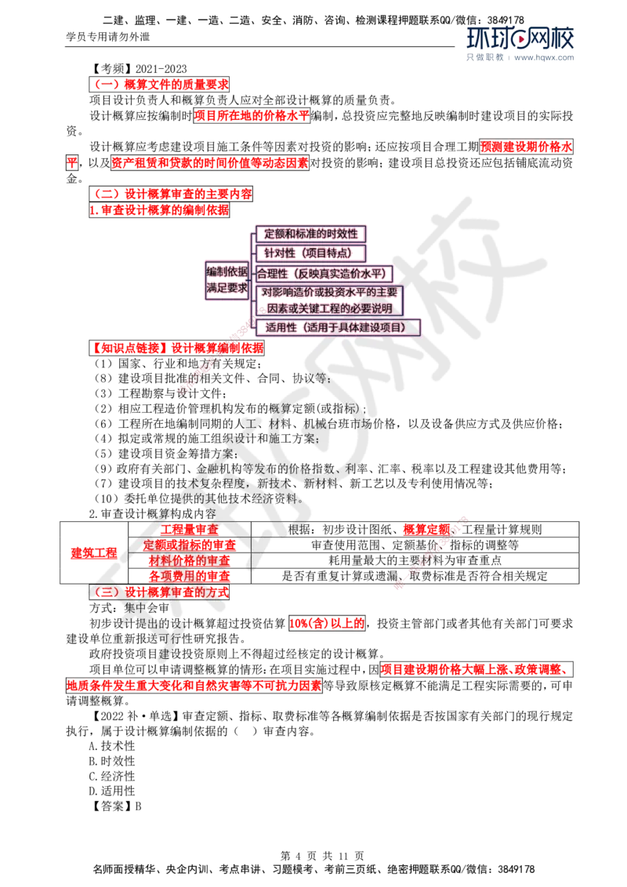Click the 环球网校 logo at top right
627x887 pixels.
[520, 38]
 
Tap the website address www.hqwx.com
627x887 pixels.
[544, 57]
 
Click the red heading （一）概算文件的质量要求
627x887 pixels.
[159, 85]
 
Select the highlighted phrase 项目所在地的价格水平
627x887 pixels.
[252, 116]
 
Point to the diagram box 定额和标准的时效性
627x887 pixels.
[310, 234]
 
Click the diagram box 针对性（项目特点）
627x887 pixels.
[310, 253]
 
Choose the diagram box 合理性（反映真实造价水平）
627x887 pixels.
[323, 273]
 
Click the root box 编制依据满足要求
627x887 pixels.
[227, 280]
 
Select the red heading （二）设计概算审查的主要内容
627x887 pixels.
[171, 194]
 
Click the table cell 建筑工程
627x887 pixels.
[94, 552]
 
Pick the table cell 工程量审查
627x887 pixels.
[190, 530]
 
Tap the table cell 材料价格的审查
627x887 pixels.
[190, 560]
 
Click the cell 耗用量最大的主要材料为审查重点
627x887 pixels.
[415, 560]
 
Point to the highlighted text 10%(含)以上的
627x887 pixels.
[327, 624]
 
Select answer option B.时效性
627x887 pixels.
[112, 762]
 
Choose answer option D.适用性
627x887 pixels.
[112, 791]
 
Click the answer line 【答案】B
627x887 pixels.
[115, 806]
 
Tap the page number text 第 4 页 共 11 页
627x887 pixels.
[323, 856]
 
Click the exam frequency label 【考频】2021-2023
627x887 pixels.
[138, 69]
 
